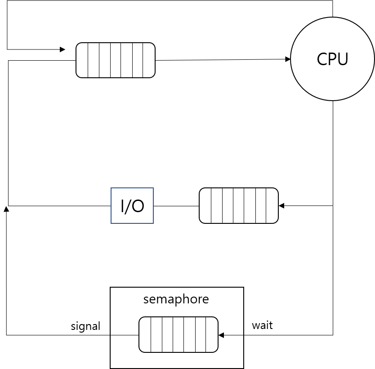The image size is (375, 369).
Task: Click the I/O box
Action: click(x=132, y=205)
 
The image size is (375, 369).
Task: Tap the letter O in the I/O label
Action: click(x=138, y=206)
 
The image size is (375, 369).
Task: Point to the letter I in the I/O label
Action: click(x=123, y=206)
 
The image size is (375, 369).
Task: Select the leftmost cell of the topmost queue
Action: click(x=82, y=60)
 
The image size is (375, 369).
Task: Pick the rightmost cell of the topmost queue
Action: click(x=149, y=60)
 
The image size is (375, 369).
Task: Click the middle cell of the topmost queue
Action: click(x=116, y=60)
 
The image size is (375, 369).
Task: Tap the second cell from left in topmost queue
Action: click(x=94, y=60)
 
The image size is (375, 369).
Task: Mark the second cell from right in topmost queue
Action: click(x=138, y=60)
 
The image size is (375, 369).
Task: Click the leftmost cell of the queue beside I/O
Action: click(x=205, y=205)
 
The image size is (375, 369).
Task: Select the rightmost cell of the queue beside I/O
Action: click(x=272, y=205)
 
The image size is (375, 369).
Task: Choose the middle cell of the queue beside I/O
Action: click(x=239, y=205)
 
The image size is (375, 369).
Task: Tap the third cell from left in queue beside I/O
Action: click(x=228, y=205)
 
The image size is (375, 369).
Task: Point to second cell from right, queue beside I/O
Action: click(x=261, y=205)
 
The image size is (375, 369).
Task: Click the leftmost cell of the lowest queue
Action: click(x=145, y=334)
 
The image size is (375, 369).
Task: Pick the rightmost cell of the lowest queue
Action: click(x=212, y=334)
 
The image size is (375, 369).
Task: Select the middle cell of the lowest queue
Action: click(x=179, y=334)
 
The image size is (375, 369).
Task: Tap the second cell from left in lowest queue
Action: click(x=156, y=334)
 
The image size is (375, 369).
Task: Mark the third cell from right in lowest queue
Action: click(x=189, y=334)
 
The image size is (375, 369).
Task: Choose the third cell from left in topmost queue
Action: click(x=105, y=60)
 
